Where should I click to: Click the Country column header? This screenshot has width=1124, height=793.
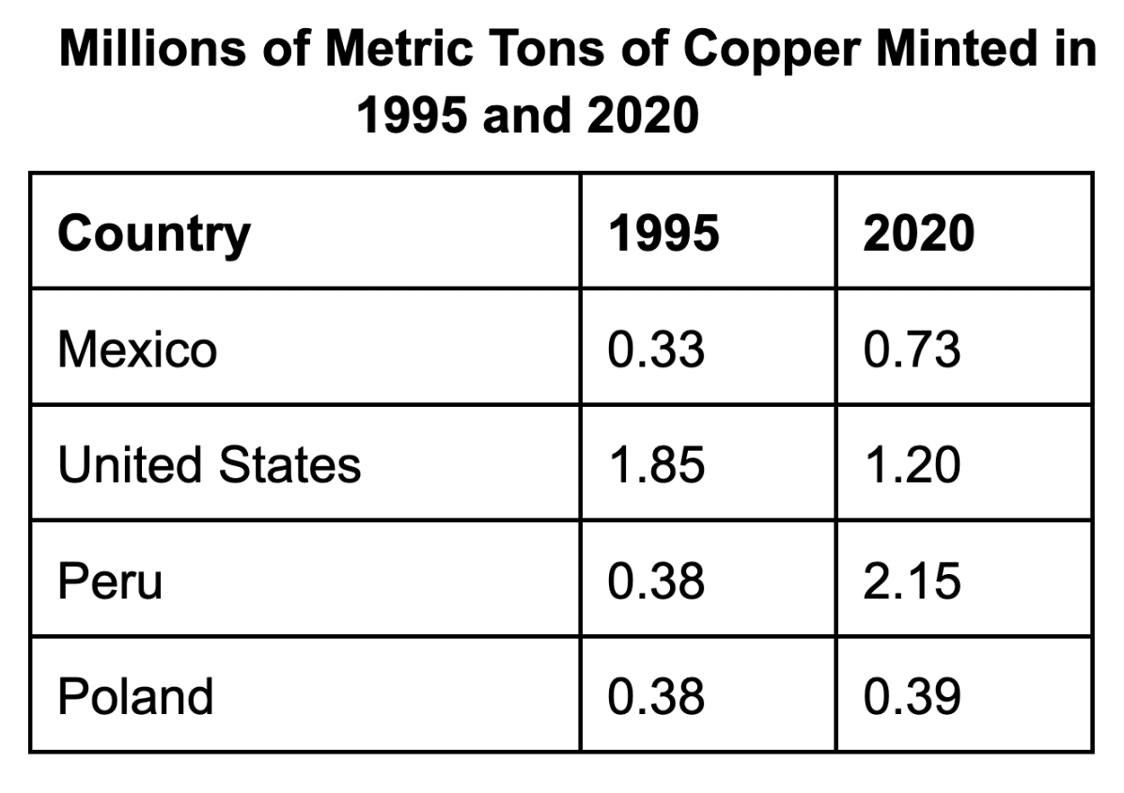click(x=154, y=234)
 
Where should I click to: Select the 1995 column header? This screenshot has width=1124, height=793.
click(x=663, y=233)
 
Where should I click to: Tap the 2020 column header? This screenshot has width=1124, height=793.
click(x=919, y=233)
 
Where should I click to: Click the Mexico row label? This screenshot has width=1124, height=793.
click(x=137, y=350)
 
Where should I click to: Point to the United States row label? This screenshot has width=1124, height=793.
click(x=210, y=465)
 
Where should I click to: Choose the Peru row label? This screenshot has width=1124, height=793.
click(x=110, y=581)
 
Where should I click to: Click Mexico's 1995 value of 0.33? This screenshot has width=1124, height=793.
click(x=657, y=350)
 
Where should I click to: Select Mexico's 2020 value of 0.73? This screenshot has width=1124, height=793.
click(x=912, y=350)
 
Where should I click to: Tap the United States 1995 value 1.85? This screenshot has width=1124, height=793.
click(x=657, y=465)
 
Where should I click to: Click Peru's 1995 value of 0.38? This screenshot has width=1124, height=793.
click(x=657, y=581)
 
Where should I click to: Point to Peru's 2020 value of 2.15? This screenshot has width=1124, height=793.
click(x=912, y=581)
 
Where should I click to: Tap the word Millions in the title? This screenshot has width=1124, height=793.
click(x=152, y=49)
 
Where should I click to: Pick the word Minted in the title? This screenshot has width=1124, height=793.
click(x=956, y=49)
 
